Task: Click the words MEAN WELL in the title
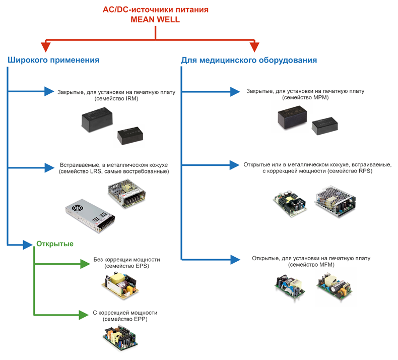pyautogui.click(x=155, y=20)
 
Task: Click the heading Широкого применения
pyautogui.click(x=53, y=60)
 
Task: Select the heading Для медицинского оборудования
pyautogui.click(x=249, y=60)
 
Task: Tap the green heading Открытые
pyautogui.click(x=55, y=244)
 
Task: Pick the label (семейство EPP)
pyautogui.click(x=125, y=319)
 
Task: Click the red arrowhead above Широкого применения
pyautogui.click(x=46, y=46)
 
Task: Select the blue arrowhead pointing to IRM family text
pyautogui.click(x=49, y=91)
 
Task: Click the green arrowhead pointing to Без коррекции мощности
pyautogui.click(x=84, y=262)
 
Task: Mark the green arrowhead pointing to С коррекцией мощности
pyautogui.click(x=84, y=315)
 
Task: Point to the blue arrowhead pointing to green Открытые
pyautogui.click(x=28, y=245)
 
